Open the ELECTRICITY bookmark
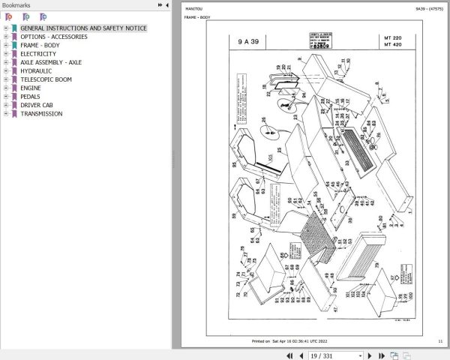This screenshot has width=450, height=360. pos(37,54)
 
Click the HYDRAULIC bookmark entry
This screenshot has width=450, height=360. pos(36,70)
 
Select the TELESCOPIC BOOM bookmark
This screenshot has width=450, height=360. pos(46,79)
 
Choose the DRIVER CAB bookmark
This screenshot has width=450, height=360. pos(37,105)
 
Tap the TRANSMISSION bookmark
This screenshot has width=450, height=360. pos(41,114)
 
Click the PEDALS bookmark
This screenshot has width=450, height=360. pos(31,97)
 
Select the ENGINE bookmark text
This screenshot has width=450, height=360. pos(31,88)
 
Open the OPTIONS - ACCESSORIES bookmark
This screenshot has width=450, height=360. pos(53,37)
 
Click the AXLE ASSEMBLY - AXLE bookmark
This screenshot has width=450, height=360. pos(51,62)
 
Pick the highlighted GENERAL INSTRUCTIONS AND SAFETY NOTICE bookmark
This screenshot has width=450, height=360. pos(83,28)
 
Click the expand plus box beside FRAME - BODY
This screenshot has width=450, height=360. pos(6,45)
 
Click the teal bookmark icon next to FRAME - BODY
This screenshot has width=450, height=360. pos(14,45)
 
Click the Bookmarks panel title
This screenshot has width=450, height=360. pos(16,5)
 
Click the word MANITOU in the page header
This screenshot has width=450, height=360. pos(193,10)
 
